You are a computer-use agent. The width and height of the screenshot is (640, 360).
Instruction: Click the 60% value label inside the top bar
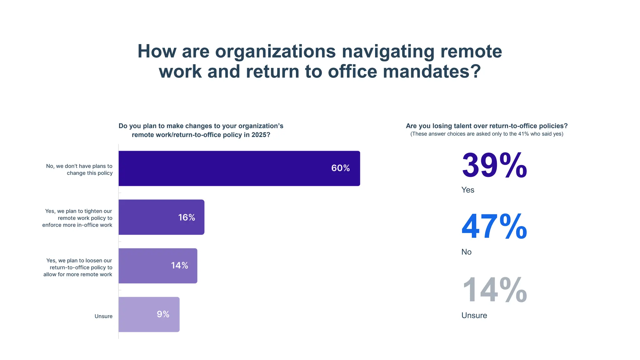tap(340, 168)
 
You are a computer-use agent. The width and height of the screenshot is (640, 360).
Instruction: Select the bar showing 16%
tap(161, 217)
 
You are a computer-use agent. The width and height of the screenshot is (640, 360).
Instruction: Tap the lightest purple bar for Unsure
tap(149, 314)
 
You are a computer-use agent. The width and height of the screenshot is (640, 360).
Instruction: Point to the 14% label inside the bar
tap(179, 266)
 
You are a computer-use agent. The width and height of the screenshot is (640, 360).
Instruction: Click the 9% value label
tap(163, 314)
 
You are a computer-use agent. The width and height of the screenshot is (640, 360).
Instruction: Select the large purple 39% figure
tap(494, 165)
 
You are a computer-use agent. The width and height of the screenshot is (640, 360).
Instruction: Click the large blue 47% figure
tap(494, 227)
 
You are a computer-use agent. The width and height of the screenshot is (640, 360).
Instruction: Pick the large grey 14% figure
tap(494, 290)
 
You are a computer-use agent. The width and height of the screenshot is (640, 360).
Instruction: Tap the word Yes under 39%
tap(467, 190)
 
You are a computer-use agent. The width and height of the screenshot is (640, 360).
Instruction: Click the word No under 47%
tap(466, 252)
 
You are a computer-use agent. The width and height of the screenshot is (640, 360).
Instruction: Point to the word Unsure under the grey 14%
tap(474, 315)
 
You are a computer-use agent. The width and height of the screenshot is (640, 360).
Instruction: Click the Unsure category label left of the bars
tap(103, 316)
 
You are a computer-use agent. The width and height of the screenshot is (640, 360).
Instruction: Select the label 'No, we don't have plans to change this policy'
tap(79, 169)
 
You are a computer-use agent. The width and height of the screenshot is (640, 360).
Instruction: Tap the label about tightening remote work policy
tap(77, 218)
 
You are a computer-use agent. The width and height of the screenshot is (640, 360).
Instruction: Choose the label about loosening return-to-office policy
tap(78, 267)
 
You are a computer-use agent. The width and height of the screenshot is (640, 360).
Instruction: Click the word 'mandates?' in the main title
tap(432, 72)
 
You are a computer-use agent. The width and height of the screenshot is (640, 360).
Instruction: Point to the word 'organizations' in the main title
tap(275, 51)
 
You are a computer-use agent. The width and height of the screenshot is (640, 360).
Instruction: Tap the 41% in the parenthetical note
tap(523, 134)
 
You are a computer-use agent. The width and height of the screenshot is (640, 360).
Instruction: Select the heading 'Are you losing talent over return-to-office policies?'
tap(487, 126)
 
